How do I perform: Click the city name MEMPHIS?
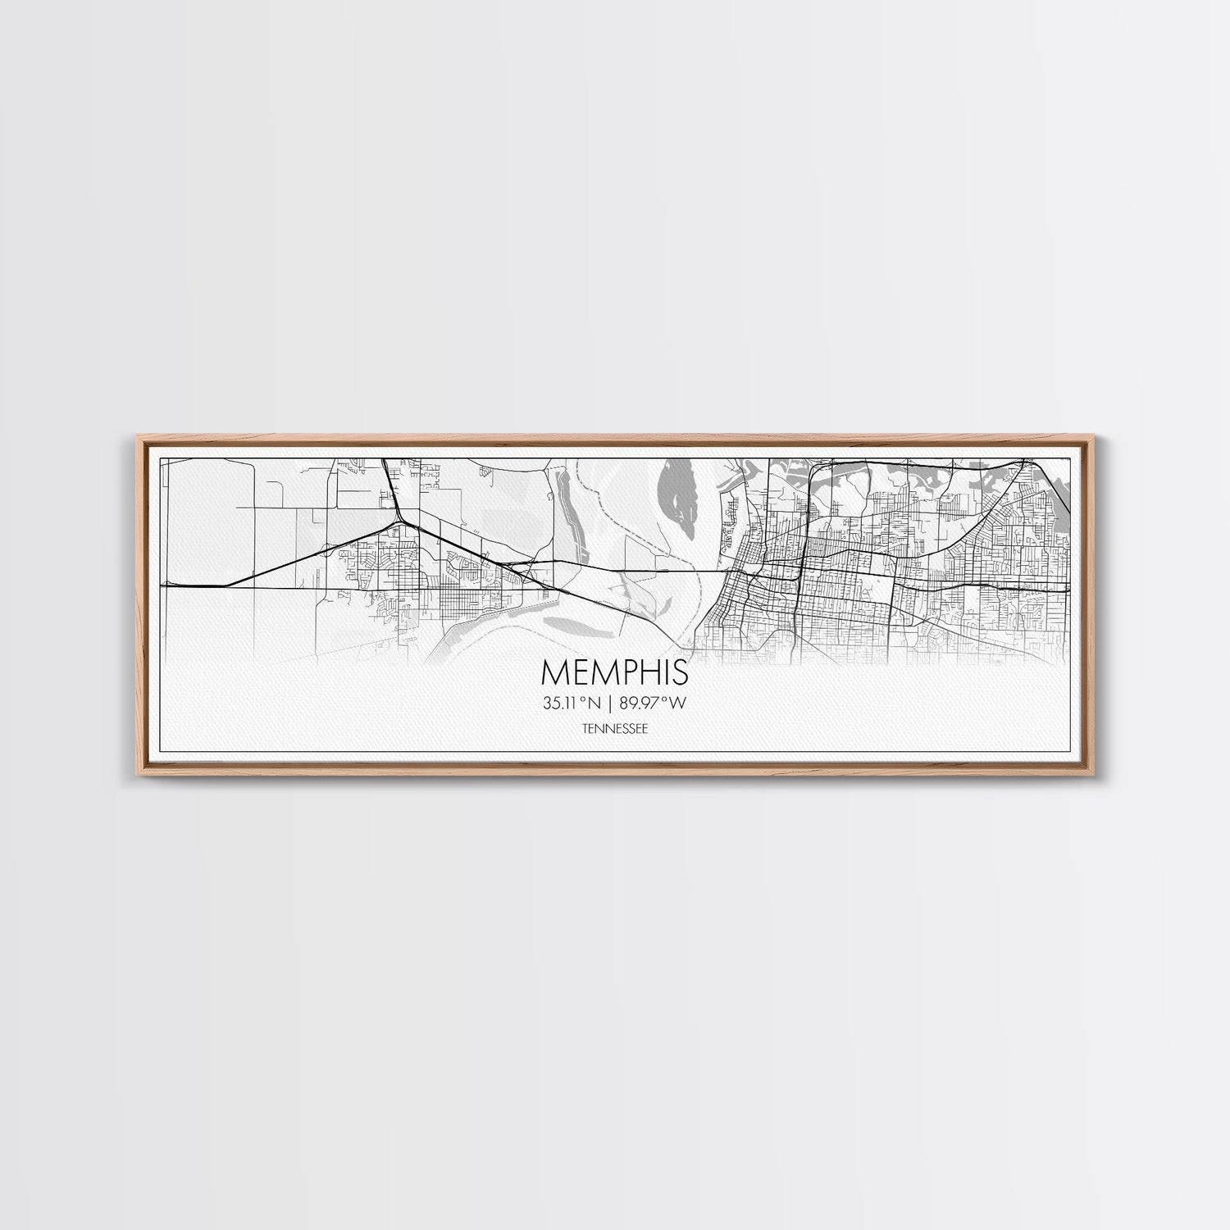(615, 672)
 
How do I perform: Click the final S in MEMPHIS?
(680, 672)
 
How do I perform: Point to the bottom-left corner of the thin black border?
(159, 751)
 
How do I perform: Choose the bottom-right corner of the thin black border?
(1073, 751)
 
